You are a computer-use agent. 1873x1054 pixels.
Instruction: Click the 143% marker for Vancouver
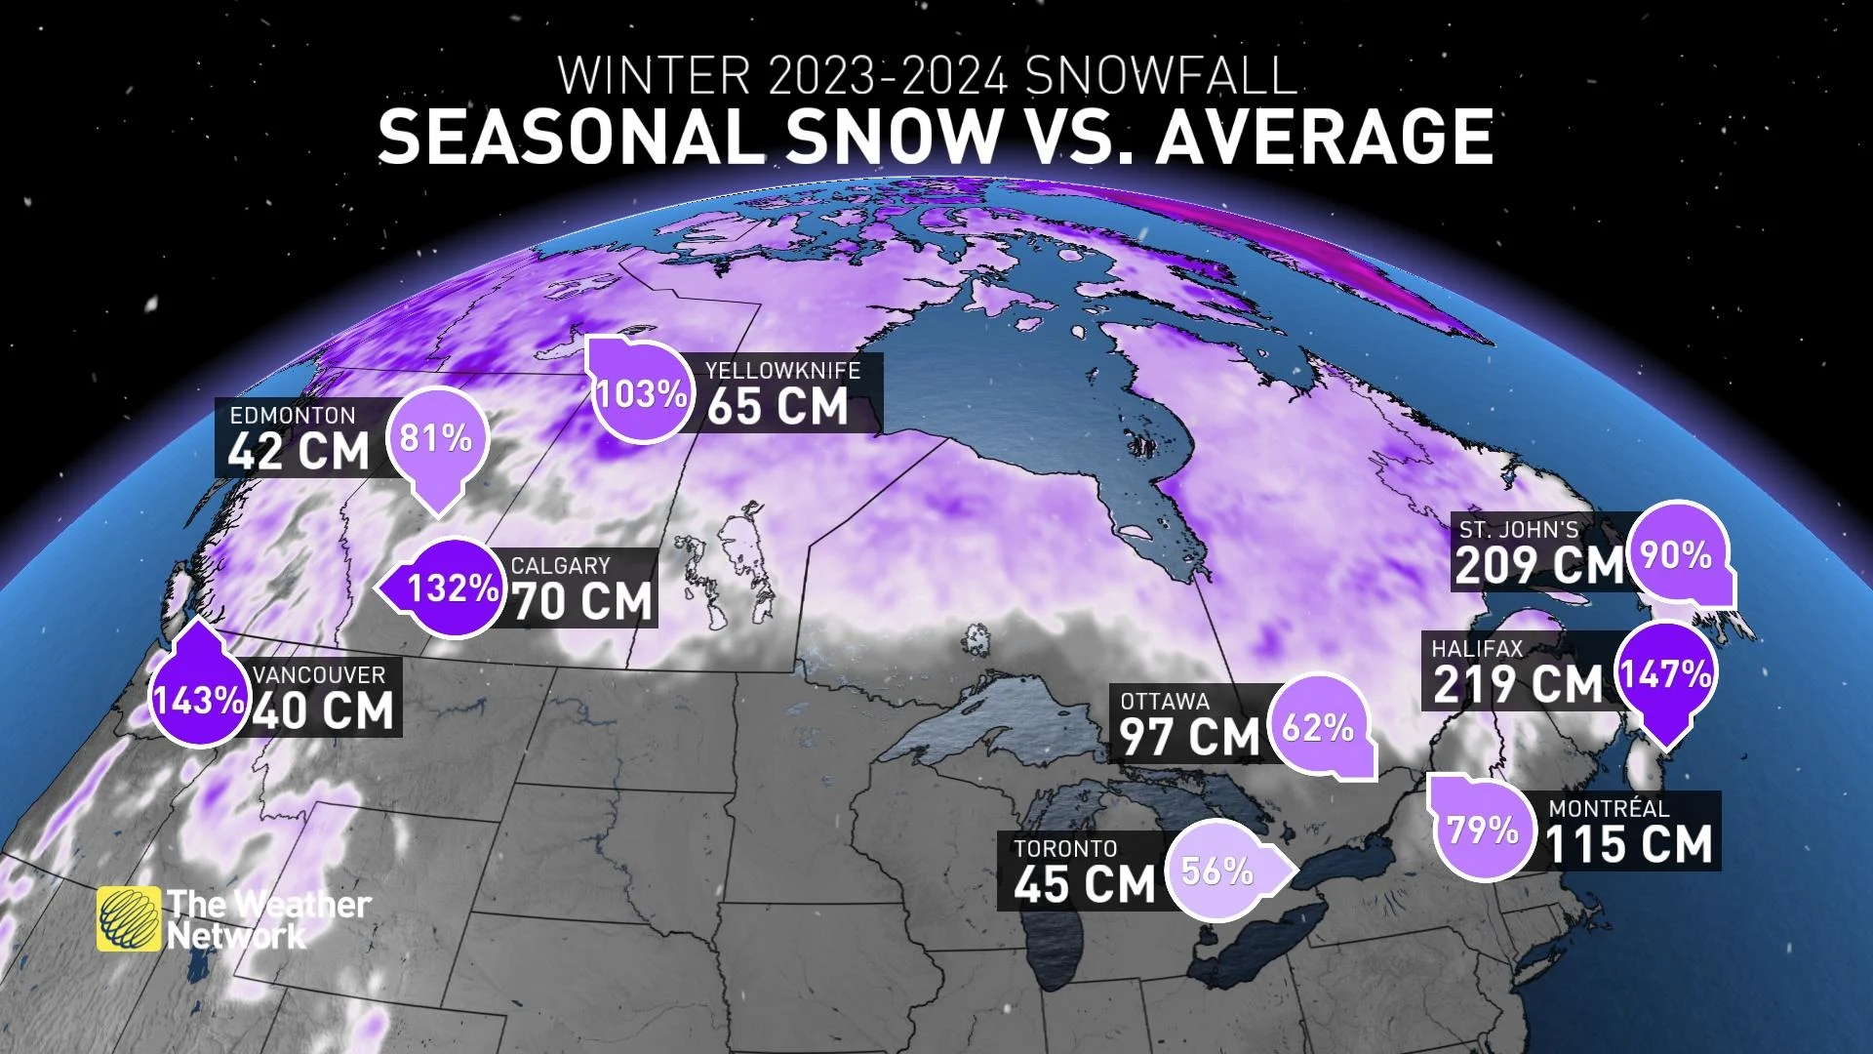[199, 699]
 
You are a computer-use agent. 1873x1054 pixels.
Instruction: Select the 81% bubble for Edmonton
[436, 438]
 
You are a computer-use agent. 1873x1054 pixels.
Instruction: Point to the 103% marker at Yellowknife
[641, 393]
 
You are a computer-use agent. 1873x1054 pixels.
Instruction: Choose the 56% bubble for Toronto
[1217, 871]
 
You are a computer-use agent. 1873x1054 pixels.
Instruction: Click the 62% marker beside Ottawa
[1318, 727]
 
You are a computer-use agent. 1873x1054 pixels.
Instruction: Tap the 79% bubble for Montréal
[1483, 831]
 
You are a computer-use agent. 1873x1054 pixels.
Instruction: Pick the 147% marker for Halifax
[1665, 674]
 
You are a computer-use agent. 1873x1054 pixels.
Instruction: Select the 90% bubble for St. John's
[1676, 555]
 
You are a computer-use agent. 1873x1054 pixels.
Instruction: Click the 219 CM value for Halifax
[1518, 684]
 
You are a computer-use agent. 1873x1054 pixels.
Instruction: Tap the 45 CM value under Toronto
[1084, 884]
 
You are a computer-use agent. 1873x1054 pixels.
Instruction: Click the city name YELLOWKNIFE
[783, 371]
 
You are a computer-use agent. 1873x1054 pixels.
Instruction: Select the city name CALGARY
[560, 566]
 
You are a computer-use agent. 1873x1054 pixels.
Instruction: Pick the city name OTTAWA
[1165, 702]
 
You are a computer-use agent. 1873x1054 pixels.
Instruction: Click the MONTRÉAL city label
[1609, 809]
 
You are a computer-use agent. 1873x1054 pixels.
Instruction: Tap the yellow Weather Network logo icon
[129, 918]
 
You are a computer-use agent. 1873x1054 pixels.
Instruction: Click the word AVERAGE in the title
[1325, 137]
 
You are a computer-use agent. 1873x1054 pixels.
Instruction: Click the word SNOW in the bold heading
[894, 137]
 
